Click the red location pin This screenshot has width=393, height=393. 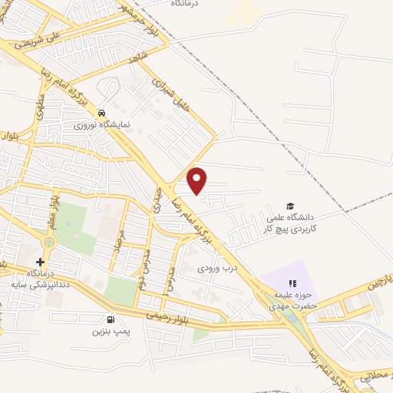point(198,180)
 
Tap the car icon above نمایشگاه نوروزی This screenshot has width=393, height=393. point(102,112)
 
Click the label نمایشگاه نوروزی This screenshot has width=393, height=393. point(102,124)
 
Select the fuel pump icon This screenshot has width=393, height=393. point(111,319)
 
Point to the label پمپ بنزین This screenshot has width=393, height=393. point(107,332)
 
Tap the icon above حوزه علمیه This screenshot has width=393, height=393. point(292,283)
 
